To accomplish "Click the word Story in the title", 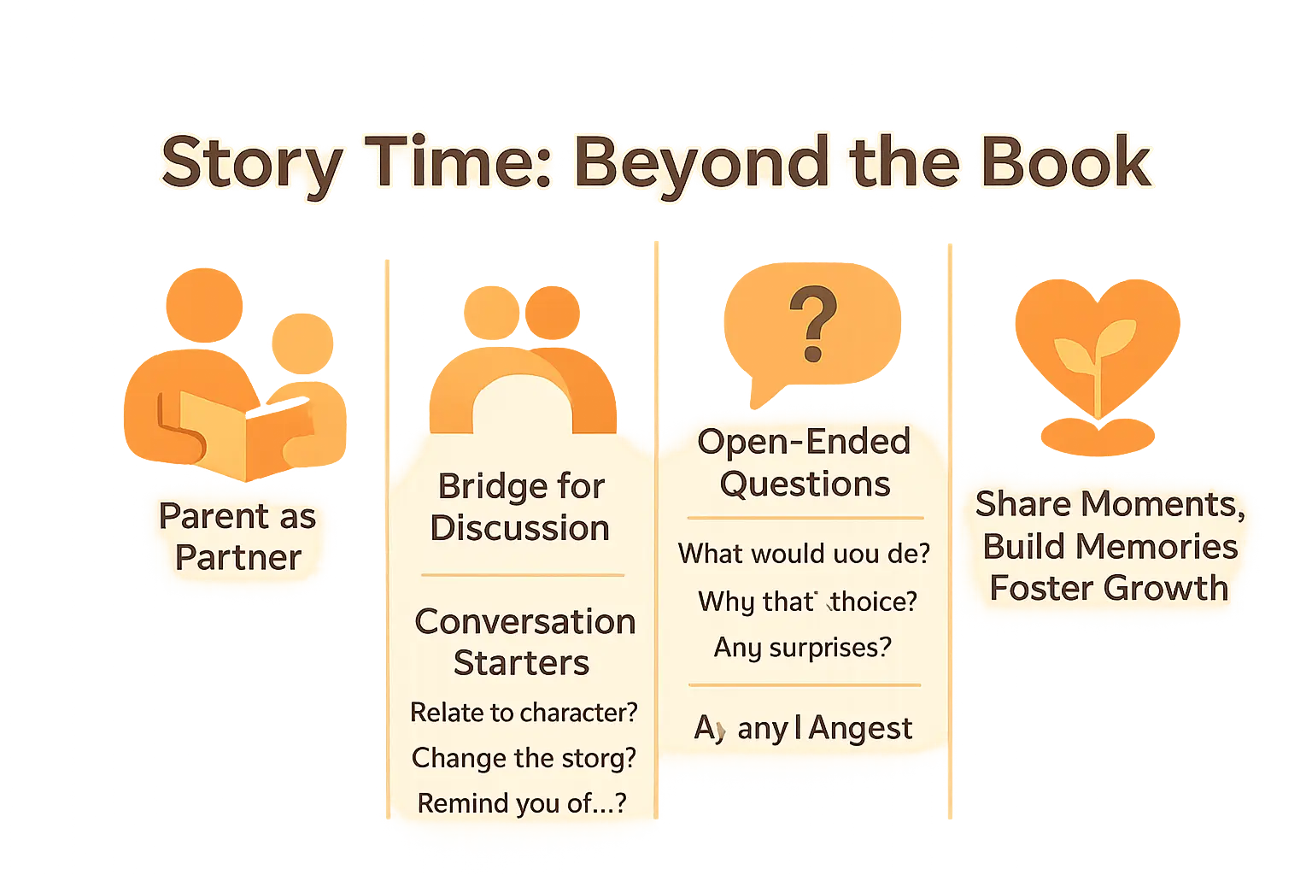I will coord(252,164).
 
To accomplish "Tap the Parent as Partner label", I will coord(237,537).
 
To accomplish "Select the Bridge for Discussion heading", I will coord(520,507).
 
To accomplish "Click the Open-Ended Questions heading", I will coord(804,462).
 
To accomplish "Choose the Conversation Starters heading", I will coord(524,642).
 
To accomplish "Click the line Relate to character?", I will coord(524,712).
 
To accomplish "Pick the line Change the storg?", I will coord(524,758).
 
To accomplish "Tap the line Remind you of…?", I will coord(522,803).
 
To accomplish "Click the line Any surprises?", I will coord(803,647).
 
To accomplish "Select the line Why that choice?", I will coord(807,602).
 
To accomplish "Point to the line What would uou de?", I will coord(804,554).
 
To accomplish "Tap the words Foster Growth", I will coord(1109,588).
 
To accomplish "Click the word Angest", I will coord(860,729).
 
